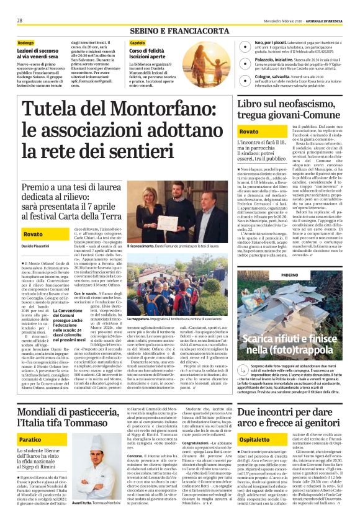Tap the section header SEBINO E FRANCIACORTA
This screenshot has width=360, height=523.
tap(179, 29)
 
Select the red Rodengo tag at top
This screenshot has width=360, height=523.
tap(26, 43)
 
